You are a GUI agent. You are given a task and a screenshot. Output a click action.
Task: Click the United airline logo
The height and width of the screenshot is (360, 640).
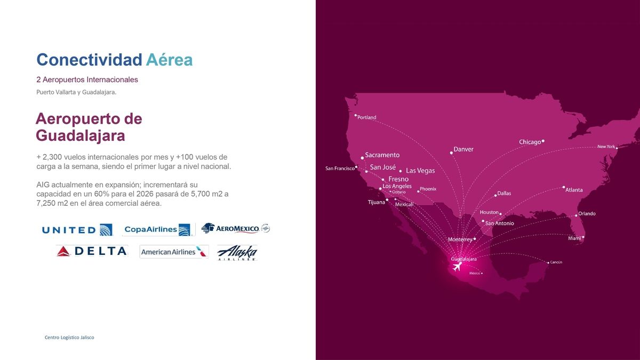[x=77, y=230]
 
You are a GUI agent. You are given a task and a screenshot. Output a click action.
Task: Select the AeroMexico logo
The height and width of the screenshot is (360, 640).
[x=236, y=228]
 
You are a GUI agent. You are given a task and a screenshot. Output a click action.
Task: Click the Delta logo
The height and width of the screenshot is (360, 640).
[x=92, y=251]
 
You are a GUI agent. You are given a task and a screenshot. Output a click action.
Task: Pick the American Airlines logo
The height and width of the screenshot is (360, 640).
[x=174, y=252]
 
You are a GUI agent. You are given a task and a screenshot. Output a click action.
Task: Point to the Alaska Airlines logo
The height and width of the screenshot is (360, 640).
[x=237, y=253]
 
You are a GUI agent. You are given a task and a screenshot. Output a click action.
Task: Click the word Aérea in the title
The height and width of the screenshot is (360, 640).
[x=169, y=59]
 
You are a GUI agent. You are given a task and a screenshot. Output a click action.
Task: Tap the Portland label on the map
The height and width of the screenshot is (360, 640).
[x=366, y=117]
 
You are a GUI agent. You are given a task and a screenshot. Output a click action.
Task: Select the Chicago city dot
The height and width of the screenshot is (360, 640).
[x=543, y=141]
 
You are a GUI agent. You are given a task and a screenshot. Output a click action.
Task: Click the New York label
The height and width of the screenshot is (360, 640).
[x=606, y=146]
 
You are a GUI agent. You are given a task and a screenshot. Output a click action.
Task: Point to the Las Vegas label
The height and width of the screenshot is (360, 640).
[x=420, y=171]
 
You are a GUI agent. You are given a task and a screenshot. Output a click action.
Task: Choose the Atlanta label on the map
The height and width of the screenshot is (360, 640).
[x=574, y=190]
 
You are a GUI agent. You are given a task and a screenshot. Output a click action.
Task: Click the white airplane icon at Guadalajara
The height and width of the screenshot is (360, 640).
[x=457, y=267]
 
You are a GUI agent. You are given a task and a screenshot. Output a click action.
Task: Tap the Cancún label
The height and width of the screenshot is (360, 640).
[x=556, y=262]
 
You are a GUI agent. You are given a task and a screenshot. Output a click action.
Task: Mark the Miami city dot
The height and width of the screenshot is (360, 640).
[x=583, y=237]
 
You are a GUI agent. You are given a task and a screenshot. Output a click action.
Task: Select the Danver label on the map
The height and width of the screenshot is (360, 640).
[x=463, y=149]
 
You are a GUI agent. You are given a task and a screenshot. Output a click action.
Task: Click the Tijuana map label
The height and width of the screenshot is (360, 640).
[x=377, y=202]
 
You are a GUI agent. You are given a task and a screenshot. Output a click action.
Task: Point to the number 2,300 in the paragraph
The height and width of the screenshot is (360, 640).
[x=52, y=157]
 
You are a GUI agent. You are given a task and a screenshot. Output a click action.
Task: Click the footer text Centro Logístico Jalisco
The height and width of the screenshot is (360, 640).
[x=69, y=338]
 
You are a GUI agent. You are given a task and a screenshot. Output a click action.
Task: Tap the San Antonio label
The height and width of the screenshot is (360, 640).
[x=499, y=223]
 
